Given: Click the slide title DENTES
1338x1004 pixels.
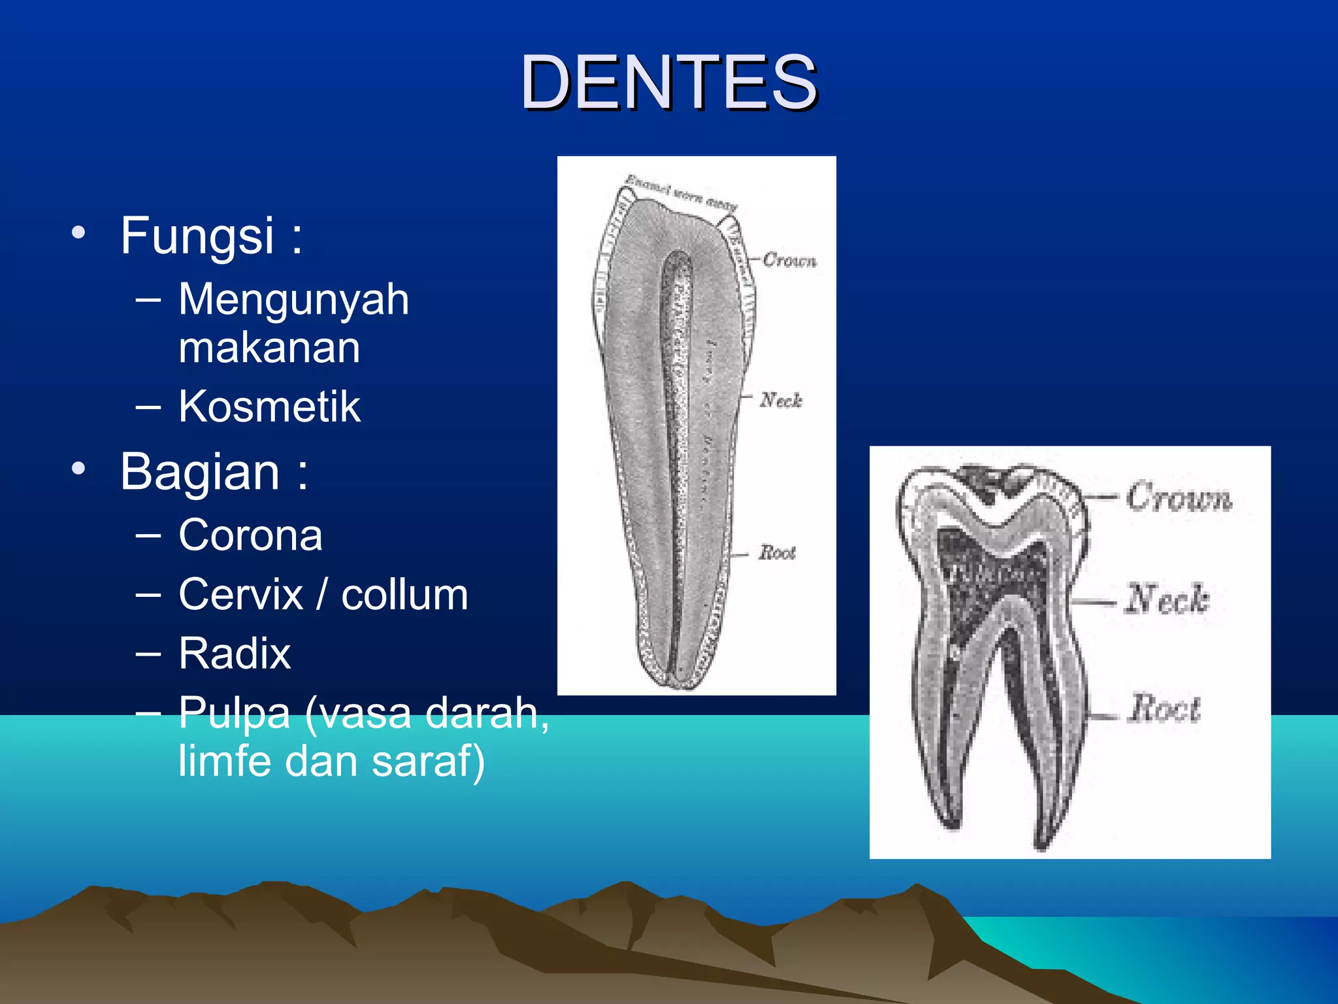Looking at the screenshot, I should point(668,83).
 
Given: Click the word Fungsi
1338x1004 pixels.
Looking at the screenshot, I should point(197,235).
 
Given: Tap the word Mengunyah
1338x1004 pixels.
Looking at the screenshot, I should point(293,299).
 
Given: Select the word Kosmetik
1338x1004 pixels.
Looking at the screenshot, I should point(269,407).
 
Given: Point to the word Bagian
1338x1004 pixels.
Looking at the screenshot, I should point(200,471).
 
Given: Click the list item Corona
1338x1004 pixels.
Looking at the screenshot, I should point(250,535).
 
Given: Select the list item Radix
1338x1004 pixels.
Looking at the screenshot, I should point(235,653).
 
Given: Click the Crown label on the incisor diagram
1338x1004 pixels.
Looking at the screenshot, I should point(789,260).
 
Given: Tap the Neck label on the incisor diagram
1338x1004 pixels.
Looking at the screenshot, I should point(781,399).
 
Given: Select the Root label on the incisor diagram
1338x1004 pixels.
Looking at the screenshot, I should point(777,553).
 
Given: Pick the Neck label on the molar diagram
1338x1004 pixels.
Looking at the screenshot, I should point(1167,599).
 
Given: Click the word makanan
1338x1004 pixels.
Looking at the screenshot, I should point(269,348).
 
